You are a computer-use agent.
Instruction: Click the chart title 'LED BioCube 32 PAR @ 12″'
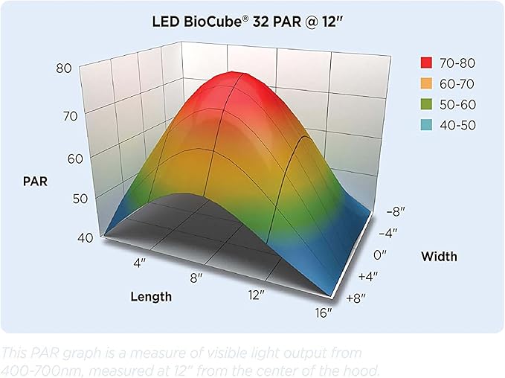[x=252, y=21]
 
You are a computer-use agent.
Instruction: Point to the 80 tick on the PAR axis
[x=64, y=68]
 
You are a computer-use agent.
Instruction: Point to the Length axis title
[x=151, y=296]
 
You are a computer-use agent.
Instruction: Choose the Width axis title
[x=439, y=257]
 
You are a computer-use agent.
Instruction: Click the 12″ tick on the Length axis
[x=257, y=295]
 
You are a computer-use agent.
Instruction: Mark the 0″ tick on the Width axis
[x=379, y=254]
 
